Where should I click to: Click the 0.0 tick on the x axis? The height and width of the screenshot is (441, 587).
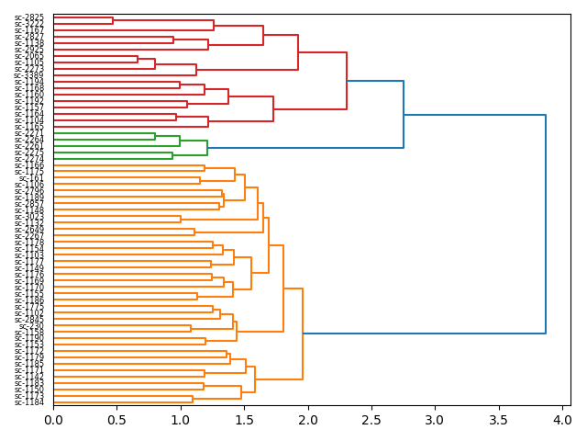pyautogui.click(x=53, y=420)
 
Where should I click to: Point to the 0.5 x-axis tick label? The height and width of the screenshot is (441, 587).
pyautogui.click(x=117, y=420)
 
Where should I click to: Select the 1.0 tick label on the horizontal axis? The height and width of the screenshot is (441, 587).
pyautogui.click(x=181, y=420)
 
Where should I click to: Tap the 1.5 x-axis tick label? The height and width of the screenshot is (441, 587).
pyautogui.click(x=244, y=420)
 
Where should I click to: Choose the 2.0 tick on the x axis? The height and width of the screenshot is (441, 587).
pyautogui.click(x=308, y=420)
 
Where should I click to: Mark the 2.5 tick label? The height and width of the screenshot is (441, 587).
pyautogui.click(x=371, y=420)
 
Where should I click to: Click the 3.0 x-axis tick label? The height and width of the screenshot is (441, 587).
pyautogui.click(x=435, y=420)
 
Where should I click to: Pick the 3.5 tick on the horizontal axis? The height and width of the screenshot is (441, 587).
pyautogui.click(x=498, y=420)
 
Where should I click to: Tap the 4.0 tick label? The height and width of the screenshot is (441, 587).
pyautogui.click(x=562, y=420)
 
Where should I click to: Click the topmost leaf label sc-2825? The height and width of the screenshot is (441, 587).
pyautogui.click(x=29, y=17)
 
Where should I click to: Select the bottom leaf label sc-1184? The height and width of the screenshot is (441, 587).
pyautogui.click(x=29, y=402)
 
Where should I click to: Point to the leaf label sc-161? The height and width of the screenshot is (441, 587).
pyautogui.click(x=32, y=178)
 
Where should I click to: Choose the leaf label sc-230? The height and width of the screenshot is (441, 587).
pyautogui.click(x=32, y=326)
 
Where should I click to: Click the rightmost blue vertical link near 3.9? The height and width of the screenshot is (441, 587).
pyautogui.click(x=546, y=224)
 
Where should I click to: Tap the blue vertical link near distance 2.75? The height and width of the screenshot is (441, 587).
pyautogui.click(x=404, y=114)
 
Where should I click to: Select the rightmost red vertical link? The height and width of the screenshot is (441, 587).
pyautogui.click(x=347, y=81)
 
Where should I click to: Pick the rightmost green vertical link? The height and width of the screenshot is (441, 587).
pyautogui.click(x=207, y=148)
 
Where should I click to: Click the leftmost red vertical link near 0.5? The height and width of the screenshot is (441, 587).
pyautogui.click(x=113, y=20)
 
